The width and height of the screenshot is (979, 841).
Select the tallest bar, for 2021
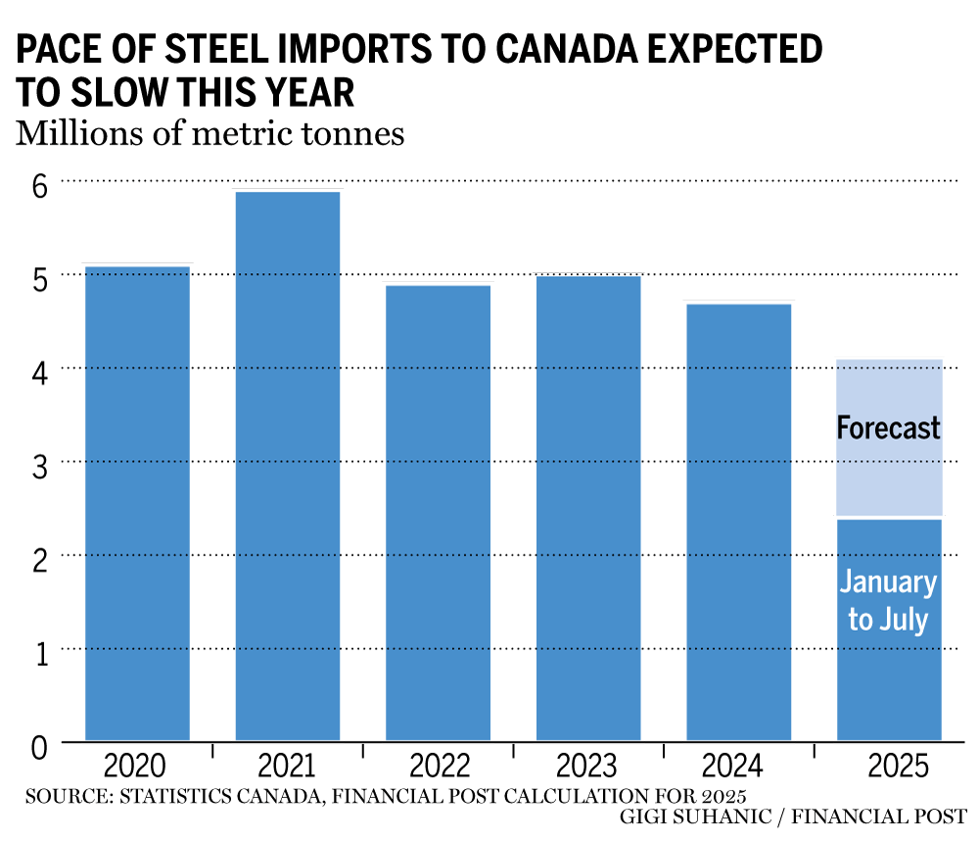(288, 465)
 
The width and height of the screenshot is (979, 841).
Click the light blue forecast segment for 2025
(889, 392)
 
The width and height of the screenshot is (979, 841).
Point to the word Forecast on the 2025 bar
(889, 428)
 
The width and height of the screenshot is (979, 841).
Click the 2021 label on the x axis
(288, 765)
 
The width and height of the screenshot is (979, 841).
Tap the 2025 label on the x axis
(889, 765)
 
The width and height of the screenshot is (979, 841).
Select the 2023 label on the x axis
(588, 765)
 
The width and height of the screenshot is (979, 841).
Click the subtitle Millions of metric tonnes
(210, 132)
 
